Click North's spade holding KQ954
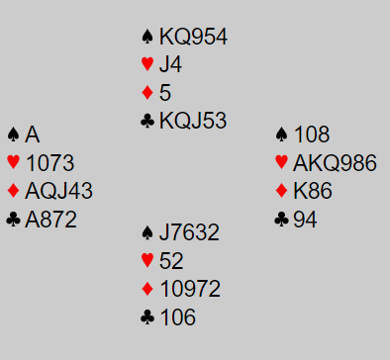click(x=193, y=37)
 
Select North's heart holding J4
click(x=170, y=64)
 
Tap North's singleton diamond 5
click(x=165, y=92)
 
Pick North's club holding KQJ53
click(x=193, y=121)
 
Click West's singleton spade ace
click(x=33, y=135)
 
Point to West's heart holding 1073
click(x=49, y=163)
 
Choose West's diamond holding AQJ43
click(x=58, y=191)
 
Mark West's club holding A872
click(x=50, y=220)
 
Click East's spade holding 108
click(x=312, y=135)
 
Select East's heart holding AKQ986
click(x=335, y=163)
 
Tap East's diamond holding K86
click(x=313, y=191)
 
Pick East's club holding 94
click(x=305, y=220)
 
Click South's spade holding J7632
click(x=189, y=232)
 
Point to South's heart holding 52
click(x=171, y=261)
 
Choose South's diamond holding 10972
click(x=190, y=289)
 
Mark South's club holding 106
click(x=178, y=317)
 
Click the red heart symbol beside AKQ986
click(x=281, y=162)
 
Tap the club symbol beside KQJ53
click(x=147, y=121)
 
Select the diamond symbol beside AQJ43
click(x=13, y=191)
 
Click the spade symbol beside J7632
click(x=147, y=232)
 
